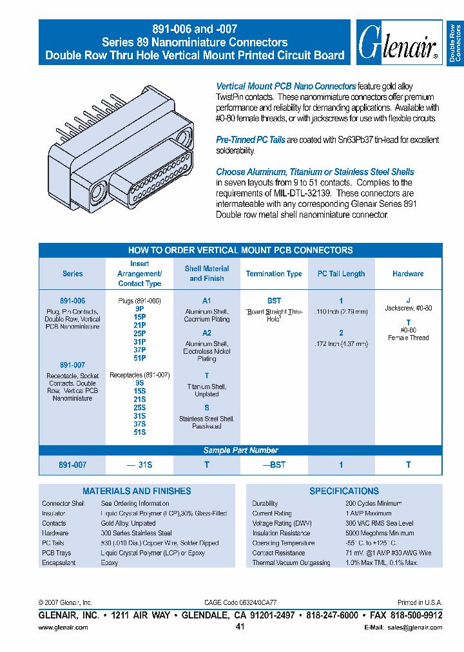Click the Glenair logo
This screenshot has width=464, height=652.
(398, 43)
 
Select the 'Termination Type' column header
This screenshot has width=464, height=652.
(274, 274)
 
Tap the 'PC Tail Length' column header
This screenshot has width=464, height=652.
(341, 274)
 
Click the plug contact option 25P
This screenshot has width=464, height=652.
(140, 334)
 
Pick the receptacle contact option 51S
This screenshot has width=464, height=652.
(140, 432)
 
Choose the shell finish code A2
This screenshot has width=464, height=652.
(207, 333)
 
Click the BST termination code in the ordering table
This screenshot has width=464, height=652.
(274, 301)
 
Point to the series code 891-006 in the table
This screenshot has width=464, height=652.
(72, 301)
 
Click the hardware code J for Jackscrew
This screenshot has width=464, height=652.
(408, 300)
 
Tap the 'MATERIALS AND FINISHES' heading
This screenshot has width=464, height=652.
(137, 491)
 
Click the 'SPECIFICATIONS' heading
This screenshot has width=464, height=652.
(344, 491)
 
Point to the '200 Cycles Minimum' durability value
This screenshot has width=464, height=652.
(373, 503)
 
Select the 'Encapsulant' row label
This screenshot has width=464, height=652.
(59, 563)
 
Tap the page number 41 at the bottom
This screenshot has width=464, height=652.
(240, 627)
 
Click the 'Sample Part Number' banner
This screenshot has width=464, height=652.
(240, 450)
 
